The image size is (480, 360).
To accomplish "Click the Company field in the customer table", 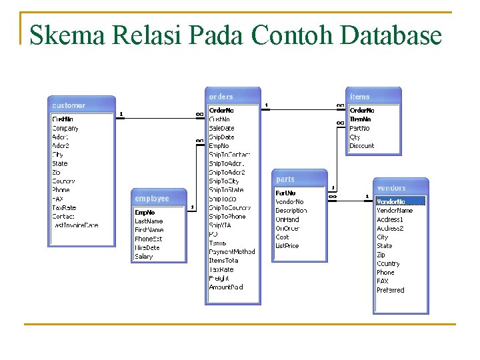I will (x=65, y=128).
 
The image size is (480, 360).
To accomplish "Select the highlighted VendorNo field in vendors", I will (x=400, y=201).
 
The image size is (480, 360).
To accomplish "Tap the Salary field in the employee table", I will (x=144, y=257).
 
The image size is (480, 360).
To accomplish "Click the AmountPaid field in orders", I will (x=226, y=287).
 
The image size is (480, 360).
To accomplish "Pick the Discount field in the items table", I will (x=362, y=146).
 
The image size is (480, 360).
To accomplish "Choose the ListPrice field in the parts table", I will (x=287, y=246).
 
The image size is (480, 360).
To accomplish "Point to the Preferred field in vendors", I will (x=391, y=290).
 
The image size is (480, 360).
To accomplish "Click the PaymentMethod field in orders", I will (x=232, y=252).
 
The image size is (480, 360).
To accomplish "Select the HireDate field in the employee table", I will (x=147, y=248).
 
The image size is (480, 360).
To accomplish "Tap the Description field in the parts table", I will (x=291, y=211).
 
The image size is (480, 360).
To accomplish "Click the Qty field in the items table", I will (x=355, y=137).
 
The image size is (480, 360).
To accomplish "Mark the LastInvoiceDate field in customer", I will (x=75, y=225).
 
